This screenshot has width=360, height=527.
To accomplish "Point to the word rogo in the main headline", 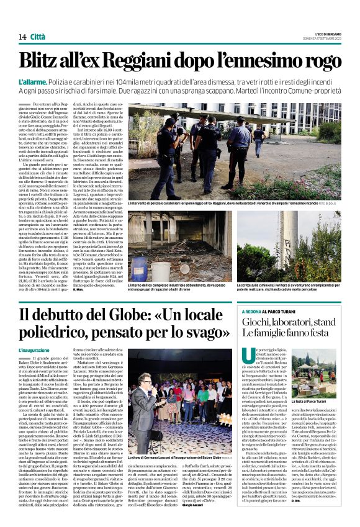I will (x=323, y=60).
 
